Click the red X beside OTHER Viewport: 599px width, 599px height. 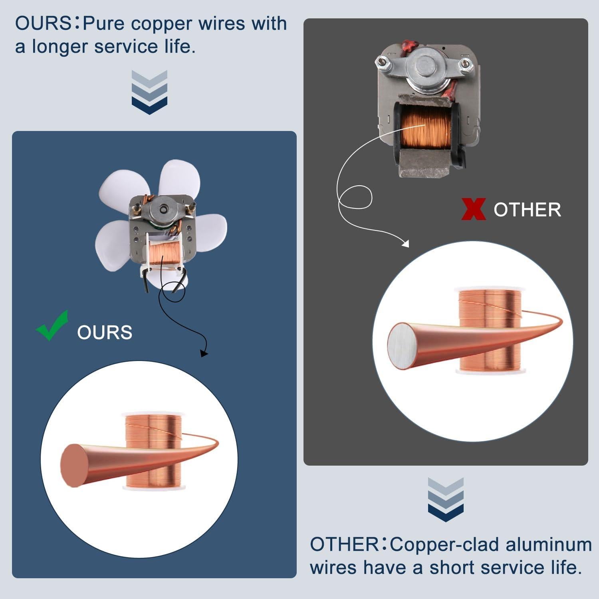[473, 209]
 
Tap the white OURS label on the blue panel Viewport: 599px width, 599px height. [105, 332]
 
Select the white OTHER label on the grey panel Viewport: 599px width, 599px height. [527, 210]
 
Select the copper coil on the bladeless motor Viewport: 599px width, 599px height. [426, 127]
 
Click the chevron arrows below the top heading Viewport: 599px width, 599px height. [149, 92]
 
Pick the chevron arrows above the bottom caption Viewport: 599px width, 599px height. [445, 500]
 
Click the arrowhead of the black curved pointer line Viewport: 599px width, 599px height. [204, 353]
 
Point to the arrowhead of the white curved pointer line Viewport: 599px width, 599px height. [405, 243]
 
